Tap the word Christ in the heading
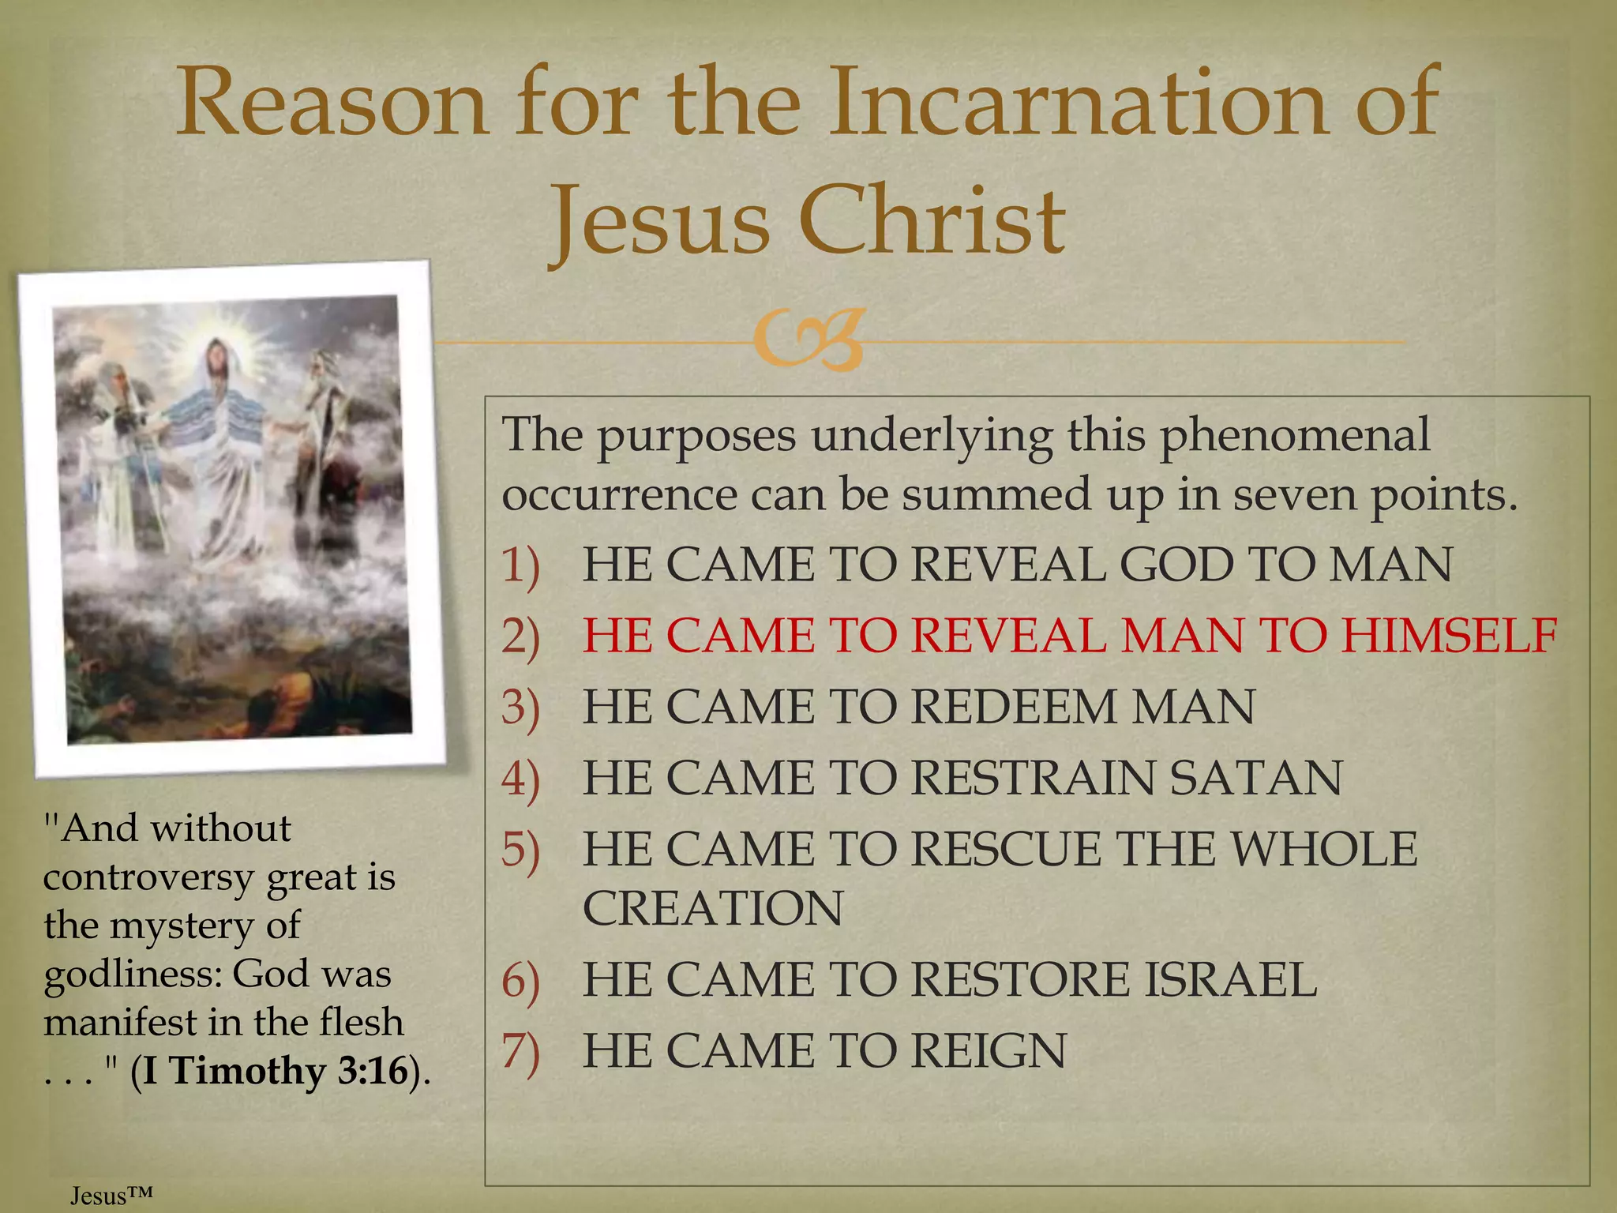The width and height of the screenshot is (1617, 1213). coord(932,221)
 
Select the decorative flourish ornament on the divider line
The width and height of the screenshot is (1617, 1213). coord(807,342)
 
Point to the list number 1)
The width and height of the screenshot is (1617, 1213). coord(521,565)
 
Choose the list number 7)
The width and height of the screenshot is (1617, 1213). coord(521,1052)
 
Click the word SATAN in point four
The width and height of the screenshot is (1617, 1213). coord(1255,779)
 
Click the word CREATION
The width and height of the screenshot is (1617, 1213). coord(713,908)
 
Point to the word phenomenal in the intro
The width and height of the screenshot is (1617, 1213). coord(1295,435)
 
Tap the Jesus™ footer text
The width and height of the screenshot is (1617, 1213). coord(111,1196)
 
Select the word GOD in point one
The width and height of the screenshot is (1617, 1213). coord(1176,565)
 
